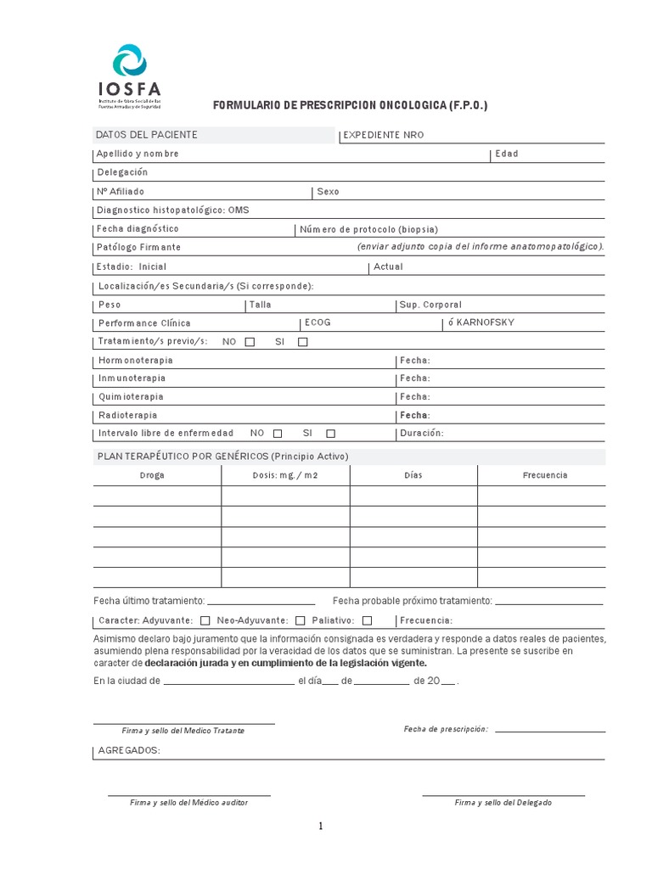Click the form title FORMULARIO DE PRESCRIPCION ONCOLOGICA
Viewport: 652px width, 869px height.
click(x=350, y=105)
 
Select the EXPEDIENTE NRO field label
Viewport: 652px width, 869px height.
click(x=383, y=135)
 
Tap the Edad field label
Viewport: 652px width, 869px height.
click(x=507, y=154)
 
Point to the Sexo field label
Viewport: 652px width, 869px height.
click(x=328, y=192)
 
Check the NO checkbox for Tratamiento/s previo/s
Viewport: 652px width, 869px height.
click(x=250, y=342)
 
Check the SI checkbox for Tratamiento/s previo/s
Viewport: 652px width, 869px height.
click(x=303, y=342)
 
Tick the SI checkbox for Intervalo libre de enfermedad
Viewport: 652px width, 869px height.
click(x=330, y=434)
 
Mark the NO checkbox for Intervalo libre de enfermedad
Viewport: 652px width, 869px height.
click(x=278, y=434)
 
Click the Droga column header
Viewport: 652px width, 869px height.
click(x=153, y=475)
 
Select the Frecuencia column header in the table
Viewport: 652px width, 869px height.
click(x=544, y=475)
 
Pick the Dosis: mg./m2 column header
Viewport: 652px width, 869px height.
click(x=284, y=475)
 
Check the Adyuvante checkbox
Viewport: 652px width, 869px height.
click(x=205, y=620)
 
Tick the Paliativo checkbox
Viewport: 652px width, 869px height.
click(x=367, y=620)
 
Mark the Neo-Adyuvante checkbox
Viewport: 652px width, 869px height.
click(x=301, y=620)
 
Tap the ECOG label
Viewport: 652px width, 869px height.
click(x=318, y=322)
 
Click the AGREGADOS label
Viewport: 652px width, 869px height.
click(x=129, y=751)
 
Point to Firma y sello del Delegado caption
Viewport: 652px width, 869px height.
click(x=503, y=802)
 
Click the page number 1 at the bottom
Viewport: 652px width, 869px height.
click(x=322, y=827)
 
